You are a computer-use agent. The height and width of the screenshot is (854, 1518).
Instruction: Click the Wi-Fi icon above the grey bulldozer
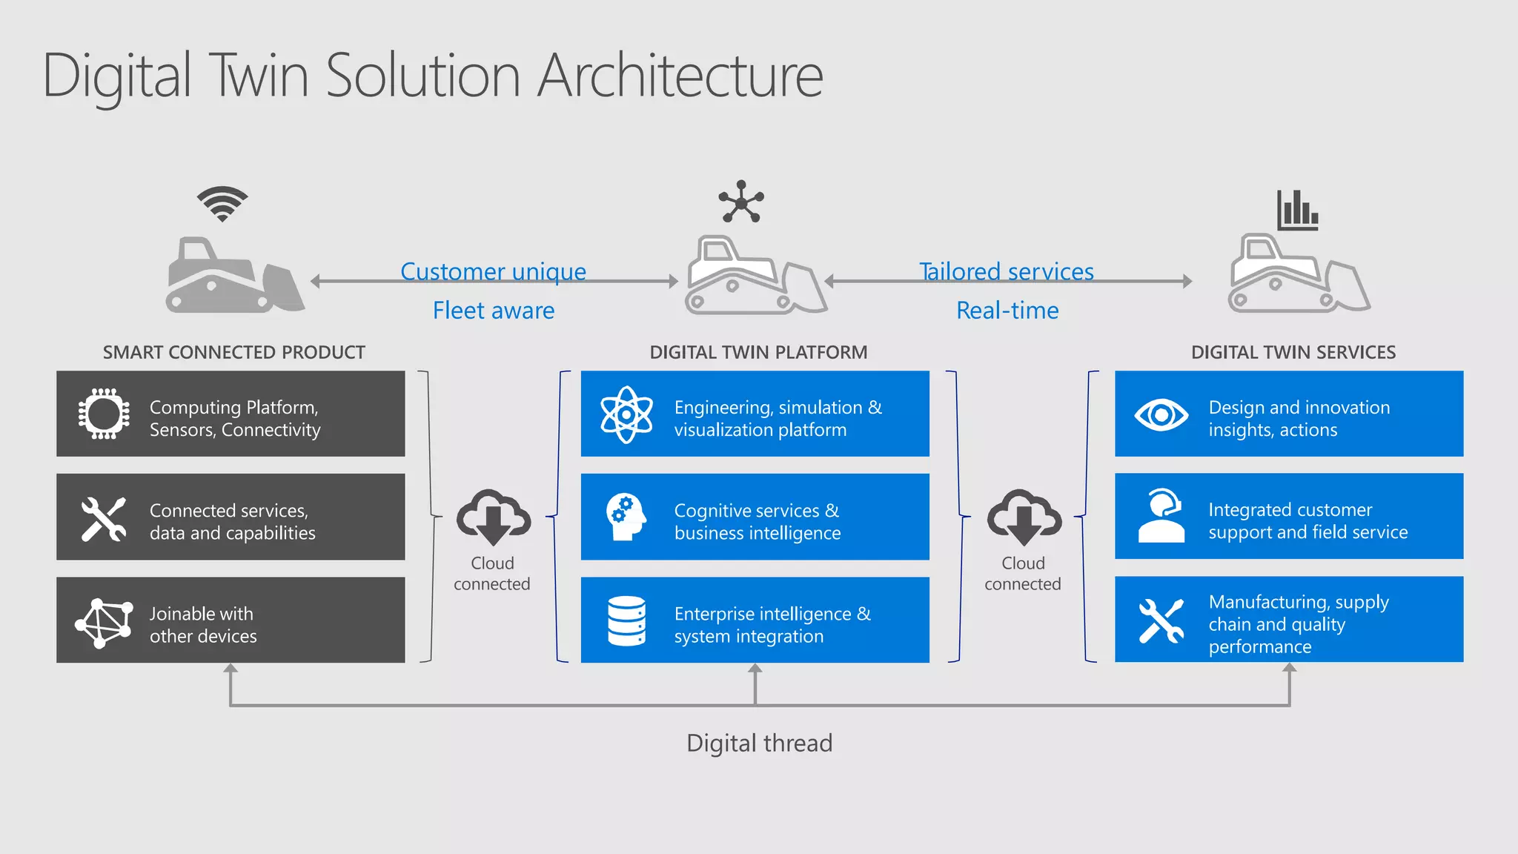click(222, 204)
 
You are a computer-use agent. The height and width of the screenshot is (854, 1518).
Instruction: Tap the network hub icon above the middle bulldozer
click(740, 202)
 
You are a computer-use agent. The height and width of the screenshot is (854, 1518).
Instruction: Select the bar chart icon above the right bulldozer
click(1297, 211)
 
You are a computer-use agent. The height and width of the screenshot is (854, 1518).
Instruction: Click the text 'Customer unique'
click(493, 271)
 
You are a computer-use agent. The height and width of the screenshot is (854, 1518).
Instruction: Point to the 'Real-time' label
click(1007, 310)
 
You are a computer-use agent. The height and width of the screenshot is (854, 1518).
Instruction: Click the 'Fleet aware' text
click(493, 310)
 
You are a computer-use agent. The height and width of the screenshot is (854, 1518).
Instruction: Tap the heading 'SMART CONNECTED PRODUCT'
click(233, 352)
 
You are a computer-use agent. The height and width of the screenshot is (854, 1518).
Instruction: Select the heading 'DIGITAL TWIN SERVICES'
click(1293, 352)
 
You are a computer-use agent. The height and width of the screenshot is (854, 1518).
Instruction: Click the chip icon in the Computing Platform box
click(104, 414)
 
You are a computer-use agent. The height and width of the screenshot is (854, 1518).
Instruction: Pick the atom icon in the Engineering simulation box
click(626, 414)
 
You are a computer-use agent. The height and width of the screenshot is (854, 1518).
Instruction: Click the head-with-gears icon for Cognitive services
click(626, 517)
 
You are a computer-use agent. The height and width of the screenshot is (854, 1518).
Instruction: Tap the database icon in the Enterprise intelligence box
click(626, 620)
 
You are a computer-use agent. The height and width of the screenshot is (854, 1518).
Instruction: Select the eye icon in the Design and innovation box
click(1161, 414)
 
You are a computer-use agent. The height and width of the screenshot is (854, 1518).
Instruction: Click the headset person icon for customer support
click(1161, 516)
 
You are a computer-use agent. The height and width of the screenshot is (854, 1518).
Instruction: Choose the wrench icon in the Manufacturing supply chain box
click(1161, 620)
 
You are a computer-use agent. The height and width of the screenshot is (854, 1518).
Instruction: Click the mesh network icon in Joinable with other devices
click(103, 622)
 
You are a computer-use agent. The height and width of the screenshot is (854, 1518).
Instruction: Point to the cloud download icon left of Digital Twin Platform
click(493, 517)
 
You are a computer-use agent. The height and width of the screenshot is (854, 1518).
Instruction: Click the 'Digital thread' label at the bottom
click(759, 743)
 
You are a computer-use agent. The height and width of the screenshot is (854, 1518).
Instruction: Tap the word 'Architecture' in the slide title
click(680, 76)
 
